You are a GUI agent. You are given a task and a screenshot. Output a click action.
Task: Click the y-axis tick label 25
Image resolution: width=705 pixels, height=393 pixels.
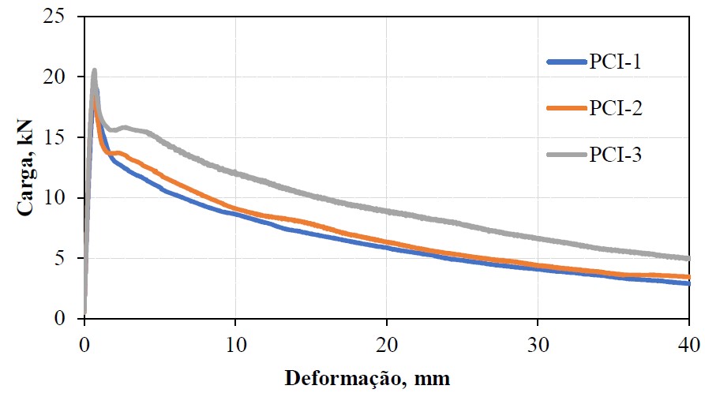pos(62,17)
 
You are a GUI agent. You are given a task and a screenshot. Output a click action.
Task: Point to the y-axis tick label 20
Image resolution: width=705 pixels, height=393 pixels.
pos(62,77)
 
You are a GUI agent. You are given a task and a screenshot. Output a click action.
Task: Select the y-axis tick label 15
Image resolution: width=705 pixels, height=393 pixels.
pos(62,137)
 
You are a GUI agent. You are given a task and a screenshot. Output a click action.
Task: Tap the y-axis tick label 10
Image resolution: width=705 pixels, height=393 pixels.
pos(62,197)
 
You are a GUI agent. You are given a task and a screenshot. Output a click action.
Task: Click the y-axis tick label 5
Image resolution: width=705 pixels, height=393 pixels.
pos(67,258)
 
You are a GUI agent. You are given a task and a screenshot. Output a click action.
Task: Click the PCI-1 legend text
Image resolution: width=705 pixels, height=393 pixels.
pos(614,62)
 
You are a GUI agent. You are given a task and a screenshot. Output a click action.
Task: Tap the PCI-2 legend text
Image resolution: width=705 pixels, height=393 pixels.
pos(614,108)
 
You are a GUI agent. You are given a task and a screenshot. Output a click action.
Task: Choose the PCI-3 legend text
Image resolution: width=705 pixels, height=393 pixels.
pos(614,154)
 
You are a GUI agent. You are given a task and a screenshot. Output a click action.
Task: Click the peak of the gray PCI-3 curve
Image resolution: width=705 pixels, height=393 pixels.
pos(94,71)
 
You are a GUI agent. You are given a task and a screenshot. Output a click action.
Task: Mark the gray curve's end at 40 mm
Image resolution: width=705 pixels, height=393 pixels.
pos(688,258)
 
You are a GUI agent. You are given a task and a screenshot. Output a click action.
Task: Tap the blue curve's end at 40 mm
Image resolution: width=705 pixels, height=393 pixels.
pos(688,283)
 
